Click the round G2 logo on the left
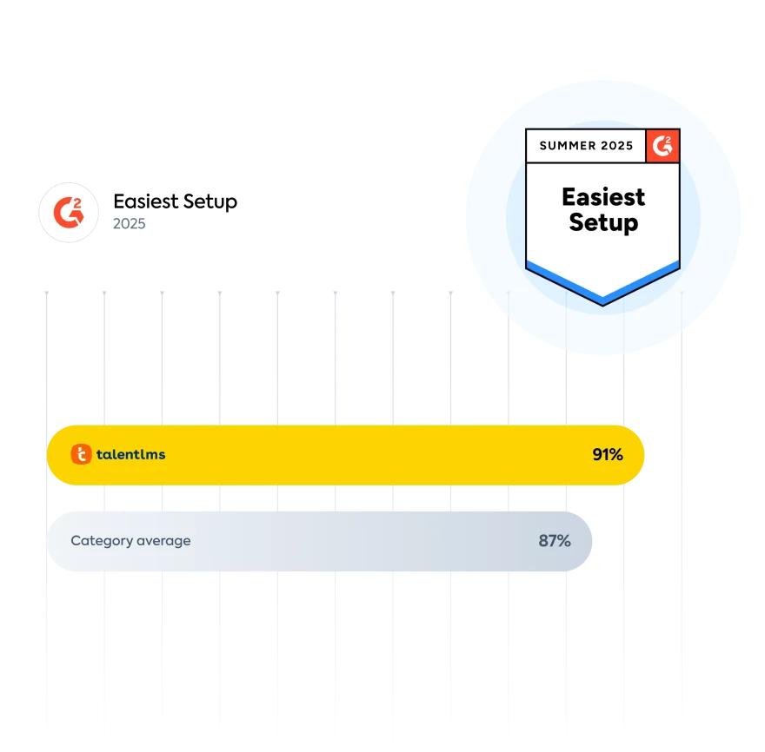click(x=66, y=212)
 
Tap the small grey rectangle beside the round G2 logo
click(x=129, y=222)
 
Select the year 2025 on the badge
click(x=618, y=146)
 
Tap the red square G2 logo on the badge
click(x=662, y=146)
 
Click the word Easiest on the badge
click(x=602, y=196)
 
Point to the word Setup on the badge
click(x=602, y=222)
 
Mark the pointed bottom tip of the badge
click(x=602, y=303)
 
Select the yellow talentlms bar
click(x=348, y=454)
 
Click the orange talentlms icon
click(x=81, y=454)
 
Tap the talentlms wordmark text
click(x=130, y=454)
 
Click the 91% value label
click(x=608, y=454)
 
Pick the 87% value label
click(x=555, y=541)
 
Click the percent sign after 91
click(x=615, y=454)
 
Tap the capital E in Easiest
click(x=569, y=196)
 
